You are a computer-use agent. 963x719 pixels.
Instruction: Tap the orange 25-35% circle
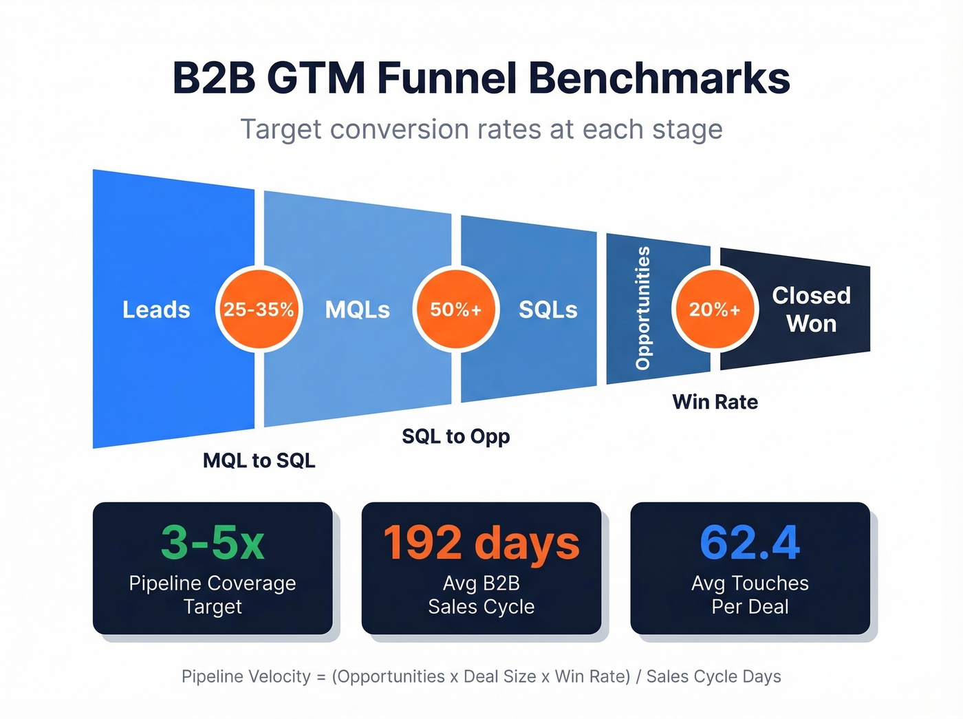(x=259, y=310)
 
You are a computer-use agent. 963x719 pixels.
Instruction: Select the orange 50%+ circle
(x=455, y=310)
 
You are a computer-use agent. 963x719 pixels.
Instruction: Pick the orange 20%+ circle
(x=715, y=310)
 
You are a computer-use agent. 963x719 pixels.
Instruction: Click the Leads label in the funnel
(x=156, y=310)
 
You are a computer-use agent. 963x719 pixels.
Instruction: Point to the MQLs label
(x=357, y=310)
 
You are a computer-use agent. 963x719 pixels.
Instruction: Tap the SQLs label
(x=548, y=310)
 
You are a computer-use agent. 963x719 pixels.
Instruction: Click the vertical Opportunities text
(x=642, y=308)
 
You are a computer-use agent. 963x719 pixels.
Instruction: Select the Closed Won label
(x=811, y=310)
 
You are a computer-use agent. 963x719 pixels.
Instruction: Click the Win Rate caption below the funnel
(x=715, y=402)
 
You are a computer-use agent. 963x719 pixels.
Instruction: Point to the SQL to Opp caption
(x=455, y=436)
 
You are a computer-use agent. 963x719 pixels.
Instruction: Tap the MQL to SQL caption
(x=259, y=460)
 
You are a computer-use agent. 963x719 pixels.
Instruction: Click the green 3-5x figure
(x=213, y=543)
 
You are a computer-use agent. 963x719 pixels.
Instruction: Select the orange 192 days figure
(x=481, y=543)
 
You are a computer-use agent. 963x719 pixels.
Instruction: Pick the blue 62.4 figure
(x=750, y=543)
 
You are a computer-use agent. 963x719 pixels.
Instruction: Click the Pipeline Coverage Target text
(x=213, y=594)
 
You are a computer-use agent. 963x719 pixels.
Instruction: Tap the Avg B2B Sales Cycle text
(x=481, y=594)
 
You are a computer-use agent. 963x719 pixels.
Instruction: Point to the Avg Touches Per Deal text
(x=750, y=594)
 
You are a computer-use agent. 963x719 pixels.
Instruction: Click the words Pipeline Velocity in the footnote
(x=246, y=676)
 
